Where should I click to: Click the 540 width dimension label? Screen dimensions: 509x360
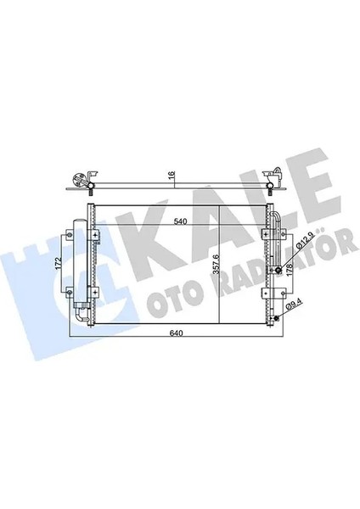(179, 223)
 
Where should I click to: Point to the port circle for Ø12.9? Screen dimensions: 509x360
(278, 270)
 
